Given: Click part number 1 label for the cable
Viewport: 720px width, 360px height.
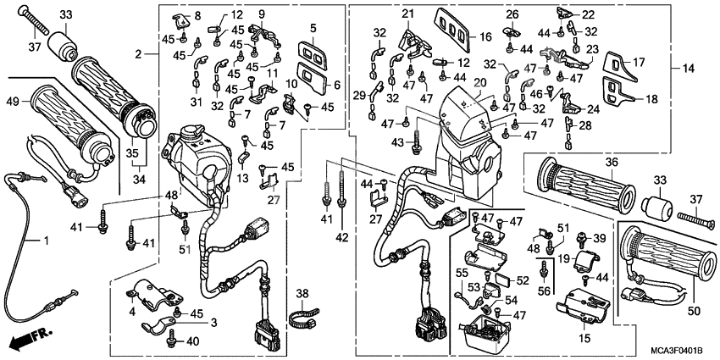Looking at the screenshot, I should click(36, 241).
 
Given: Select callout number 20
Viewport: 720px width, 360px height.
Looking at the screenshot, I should click(481, 83).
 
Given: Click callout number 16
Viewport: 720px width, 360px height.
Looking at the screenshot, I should click(485, 37).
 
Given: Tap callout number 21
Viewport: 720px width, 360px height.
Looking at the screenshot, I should click(407, 14).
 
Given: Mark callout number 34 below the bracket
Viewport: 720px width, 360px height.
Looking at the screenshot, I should click(137, 180).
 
